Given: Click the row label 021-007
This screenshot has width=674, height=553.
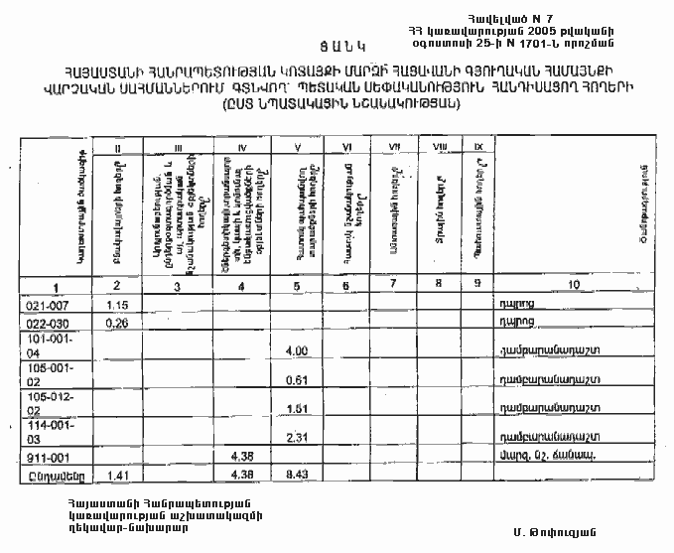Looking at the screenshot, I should (42, 304).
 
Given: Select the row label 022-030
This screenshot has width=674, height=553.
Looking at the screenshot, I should (42, 322).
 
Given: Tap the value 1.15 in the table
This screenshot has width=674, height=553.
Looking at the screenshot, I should (119, 304).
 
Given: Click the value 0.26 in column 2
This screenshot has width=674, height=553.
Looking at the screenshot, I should (119, 322).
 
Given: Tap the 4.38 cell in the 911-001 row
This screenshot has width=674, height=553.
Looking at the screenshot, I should (242, 456).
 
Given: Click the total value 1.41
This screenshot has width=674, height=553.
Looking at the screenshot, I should (119, 475).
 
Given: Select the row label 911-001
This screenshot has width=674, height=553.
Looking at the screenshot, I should (42, 458).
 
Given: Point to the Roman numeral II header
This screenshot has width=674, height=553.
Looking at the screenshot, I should (119, 149).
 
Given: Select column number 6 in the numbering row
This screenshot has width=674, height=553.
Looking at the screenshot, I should (346, 286).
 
